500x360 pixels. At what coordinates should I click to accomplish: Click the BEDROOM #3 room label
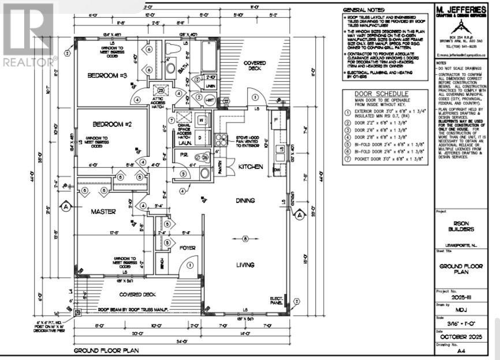(x=108, y=76)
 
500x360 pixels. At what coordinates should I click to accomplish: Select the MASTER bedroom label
(x=104, y=212)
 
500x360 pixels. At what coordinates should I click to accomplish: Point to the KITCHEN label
(x=251, y=166)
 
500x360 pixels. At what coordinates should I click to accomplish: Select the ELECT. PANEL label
(x=277, y=301)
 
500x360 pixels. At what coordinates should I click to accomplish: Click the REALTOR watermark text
(x=29, y=61)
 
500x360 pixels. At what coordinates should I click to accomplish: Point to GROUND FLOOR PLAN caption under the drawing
(x=105, y=350)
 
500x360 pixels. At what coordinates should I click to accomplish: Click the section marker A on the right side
(x=300, y=215)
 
